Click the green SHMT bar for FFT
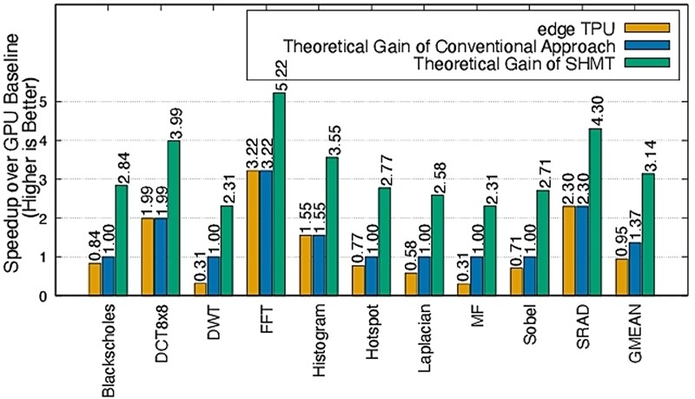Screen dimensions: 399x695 [x=279, y=195]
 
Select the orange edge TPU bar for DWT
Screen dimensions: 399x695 [x=201, y=289]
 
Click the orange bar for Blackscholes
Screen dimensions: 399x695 [x=95, y=279]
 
